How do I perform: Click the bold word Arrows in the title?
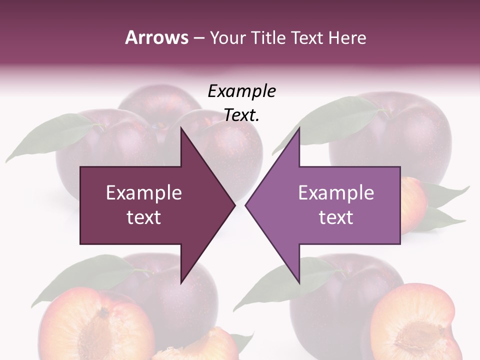(x=156, y=38)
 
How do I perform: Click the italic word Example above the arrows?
(x=241, y=91)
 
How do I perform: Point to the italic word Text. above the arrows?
(x=241, y=115)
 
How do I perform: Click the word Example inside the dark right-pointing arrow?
(x=144, y=193)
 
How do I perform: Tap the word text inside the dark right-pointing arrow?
(x=144, y=217)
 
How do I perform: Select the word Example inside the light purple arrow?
(x=336, y=193)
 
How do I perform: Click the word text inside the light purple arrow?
(x=336, y=217)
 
